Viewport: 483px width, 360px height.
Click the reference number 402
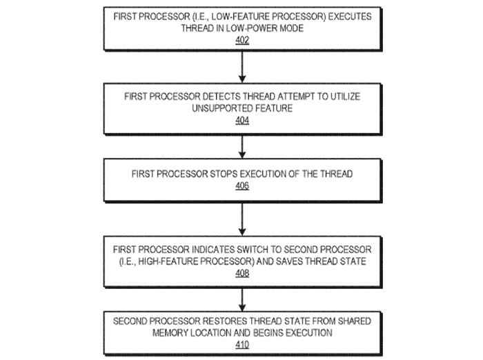coord(242,40)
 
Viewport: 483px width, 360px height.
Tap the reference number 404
coord(242,120)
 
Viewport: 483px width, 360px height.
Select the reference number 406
coord(242,186)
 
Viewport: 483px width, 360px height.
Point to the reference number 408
coord(242,273)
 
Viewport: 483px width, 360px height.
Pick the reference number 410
coord(242,344)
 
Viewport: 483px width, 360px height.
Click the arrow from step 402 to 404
coord(242,67)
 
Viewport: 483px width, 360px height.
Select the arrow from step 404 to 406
coord(242,147)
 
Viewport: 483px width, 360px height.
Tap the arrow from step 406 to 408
coord(242,219)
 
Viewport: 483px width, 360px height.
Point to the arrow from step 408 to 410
coord(242,300)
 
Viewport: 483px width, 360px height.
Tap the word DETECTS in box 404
coord(221,97)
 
